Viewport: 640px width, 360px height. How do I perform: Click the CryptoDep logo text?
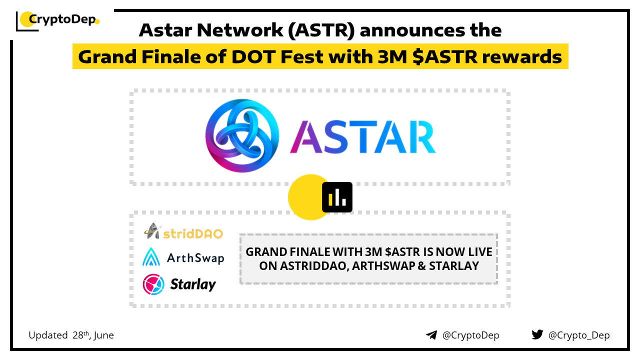(x=62, y=19)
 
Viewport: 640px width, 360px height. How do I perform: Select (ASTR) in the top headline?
(x=321, y=30)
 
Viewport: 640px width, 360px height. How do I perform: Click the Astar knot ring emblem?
(x=242, y=135)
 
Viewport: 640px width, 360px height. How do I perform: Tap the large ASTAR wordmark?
(x=363, y=137)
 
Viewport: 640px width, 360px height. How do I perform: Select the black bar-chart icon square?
(x=337, y=197)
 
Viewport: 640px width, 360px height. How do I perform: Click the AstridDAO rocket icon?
(x=152, y=231)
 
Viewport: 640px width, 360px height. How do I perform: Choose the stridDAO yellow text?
(x=193, y=233)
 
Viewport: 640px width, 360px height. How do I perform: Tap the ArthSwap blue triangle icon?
(x=151, y=257)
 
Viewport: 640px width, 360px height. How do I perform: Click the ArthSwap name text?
(x=195, y=258)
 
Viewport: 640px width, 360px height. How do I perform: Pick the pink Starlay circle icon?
(x=153, y=284)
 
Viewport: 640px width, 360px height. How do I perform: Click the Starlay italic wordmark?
(x=193, y=284)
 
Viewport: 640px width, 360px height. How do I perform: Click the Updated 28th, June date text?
(x=71, y=335)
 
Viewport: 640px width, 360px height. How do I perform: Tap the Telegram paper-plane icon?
(x=431, y=335)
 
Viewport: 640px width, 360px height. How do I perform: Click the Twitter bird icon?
(x=537, y=334)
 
